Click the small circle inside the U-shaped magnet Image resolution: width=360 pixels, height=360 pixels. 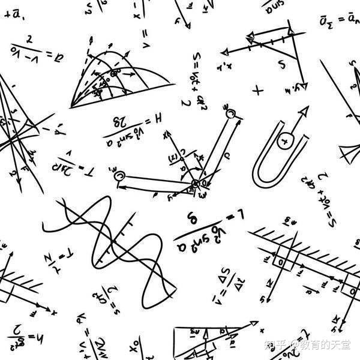pyautogui.click(x=286, y=142)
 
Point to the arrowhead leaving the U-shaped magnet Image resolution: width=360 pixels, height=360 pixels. pyautogui.click(x=304, y=110)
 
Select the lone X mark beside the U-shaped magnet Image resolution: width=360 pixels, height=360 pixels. pyautogui.click(x=258, y=91)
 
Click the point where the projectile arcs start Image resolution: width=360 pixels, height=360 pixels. pyautogui.click(x=71, y=106)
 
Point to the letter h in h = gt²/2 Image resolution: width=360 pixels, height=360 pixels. pyautogui.click(x=38, y=331)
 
